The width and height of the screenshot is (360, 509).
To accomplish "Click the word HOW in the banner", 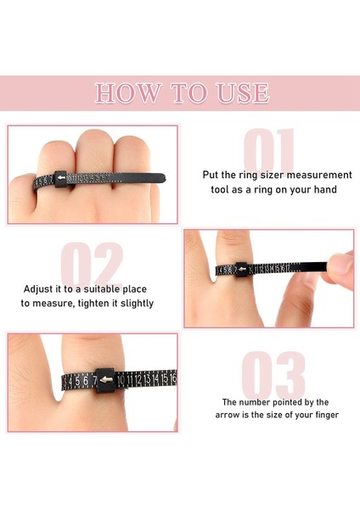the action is click(128, 93).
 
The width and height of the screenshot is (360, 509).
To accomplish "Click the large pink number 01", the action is click(269, 150).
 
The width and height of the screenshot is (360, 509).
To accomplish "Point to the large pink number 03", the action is click(273, 375).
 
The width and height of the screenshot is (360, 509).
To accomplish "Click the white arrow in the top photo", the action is click(61, 178).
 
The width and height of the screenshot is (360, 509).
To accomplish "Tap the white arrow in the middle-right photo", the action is click(242, 269).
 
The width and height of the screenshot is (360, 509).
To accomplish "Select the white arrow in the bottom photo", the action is click(106, 379).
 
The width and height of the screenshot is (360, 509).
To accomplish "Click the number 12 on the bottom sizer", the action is click(138, 379).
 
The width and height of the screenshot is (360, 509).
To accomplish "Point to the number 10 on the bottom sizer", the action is click(121, 380).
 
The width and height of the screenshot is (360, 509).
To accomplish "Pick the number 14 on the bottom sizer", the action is click(155, 379).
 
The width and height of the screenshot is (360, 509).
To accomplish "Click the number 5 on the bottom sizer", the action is click(77, 381).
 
